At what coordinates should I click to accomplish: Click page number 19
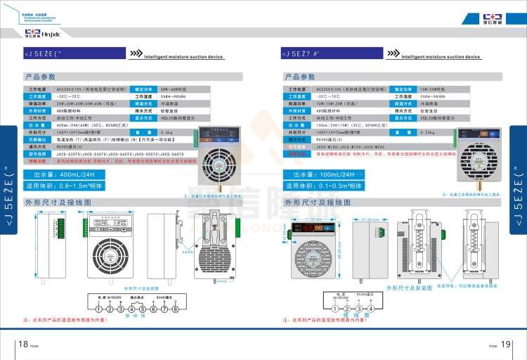pos(505,344)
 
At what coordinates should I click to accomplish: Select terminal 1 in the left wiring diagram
pos(99,309)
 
